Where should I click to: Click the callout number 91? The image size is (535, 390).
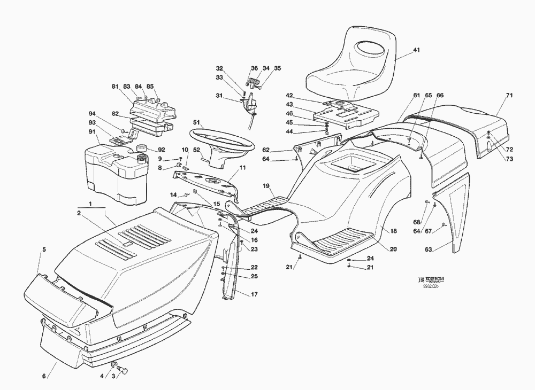pos(92,132)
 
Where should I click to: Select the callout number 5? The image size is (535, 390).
pos(44,249)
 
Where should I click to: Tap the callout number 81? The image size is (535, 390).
pos(114,87)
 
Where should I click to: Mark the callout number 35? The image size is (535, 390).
pos(277,68)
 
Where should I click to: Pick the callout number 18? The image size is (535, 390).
pos(393,231)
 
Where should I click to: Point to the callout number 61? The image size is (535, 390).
pos(416,95)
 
